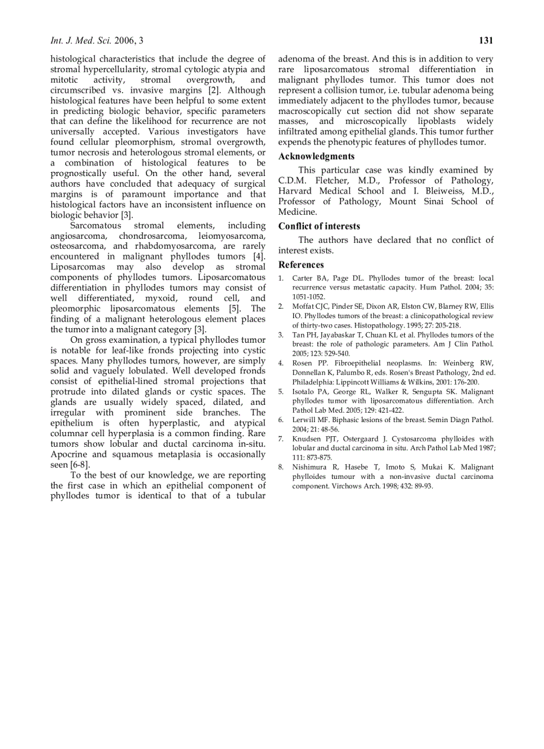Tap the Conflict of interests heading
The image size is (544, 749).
(x=319, y=227)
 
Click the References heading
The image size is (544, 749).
(x=301, y=265)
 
